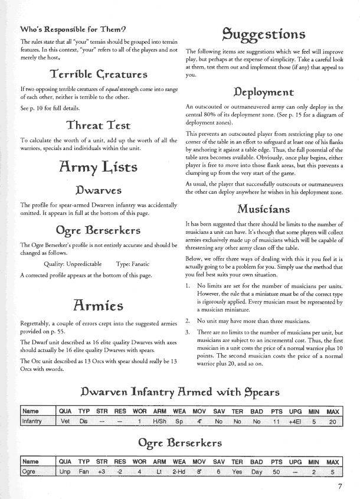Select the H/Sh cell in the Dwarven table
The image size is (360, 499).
160,422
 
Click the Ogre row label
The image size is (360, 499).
30,473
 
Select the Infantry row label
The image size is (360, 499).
33,422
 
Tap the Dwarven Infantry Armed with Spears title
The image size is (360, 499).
179,392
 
